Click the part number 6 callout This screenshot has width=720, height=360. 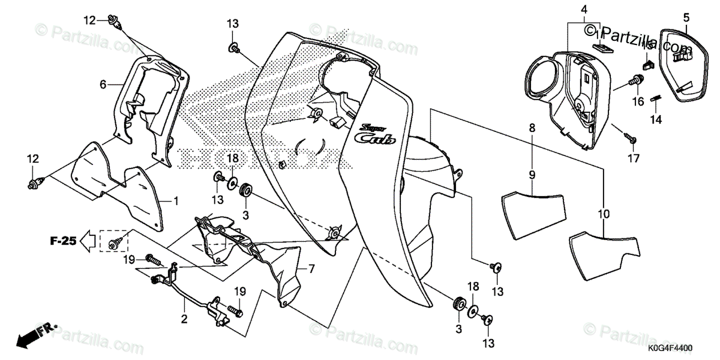pos(103,85)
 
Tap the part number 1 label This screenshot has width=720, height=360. pos(176,200)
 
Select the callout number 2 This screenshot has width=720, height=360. pos(185,319)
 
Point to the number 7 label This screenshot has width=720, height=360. pos(311,268)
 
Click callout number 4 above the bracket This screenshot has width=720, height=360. pos(584,9)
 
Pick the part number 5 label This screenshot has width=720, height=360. pos(686,18)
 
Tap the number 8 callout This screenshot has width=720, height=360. pos(532,128)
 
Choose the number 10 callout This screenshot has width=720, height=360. pos(602,213)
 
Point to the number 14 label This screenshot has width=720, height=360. pos(656,119)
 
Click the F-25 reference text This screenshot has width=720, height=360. pos(62,242)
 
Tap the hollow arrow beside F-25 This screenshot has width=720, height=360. pos(88,242)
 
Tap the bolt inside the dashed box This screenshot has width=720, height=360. pos(115,241)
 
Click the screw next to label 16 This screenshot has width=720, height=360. pos(636,80)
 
